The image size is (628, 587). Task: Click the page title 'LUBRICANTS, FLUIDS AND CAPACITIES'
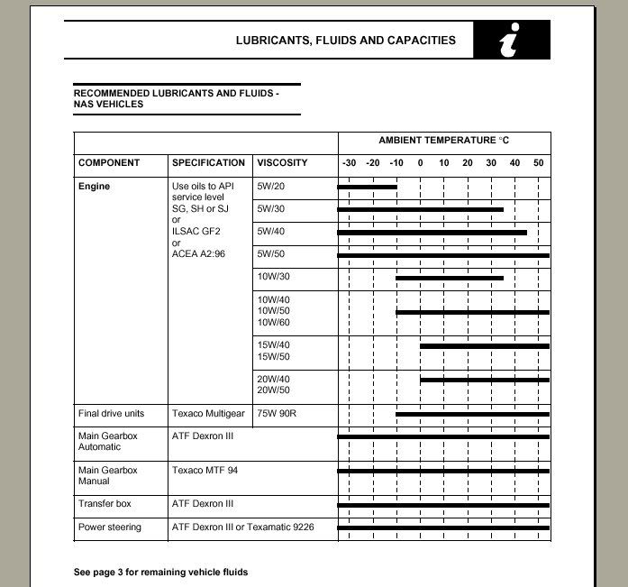[345, 41]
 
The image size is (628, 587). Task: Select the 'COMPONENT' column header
[109, 163]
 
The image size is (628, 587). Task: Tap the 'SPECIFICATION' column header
[208, 163]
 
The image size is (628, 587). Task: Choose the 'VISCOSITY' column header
[282, 163]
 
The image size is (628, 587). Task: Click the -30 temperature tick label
[349, 163]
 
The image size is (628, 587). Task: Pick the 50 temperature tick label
[538, 163]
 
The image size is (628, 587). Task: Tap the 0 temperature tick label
[420, 163]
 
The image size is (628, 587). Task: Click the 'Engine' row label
[94, 187]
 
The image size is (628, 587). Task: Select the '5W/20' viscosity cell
[270, 187]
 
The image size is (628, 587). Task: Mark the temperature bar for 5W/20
[368, 187]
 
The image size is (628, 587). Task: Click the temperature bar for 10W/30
[450, 278]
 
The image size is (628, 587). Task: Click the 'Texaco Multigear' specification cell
[208, 414]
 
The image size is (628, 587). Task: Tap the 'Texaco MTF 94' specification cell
[205, 471]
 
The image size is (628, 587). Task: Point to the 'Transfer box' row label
[105, 504]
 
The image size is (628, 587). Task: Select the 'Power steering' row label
[110, 527]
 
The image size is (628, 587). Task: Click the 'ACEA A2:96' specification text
[198, 254]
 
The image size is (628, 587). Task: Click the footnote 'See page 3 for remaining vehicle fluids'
[160, 572]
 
